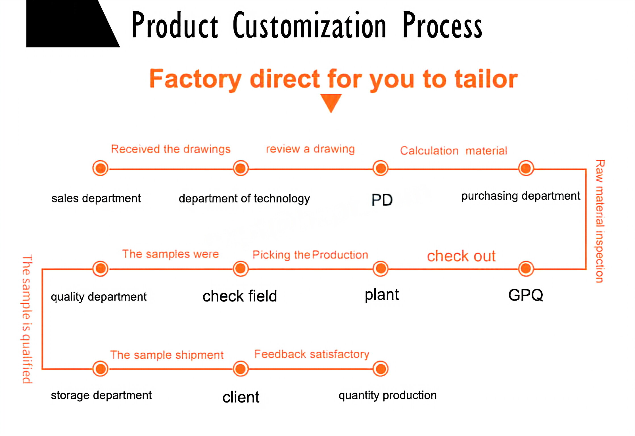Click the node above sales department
[100, 168]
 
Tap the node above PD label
[381, 168]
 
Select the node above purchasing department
[526, 168]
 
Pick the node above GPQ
[526, 269]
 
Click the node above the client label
[241, 369]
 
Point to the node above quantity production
[381, 369]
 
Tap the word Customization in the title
[309, 26]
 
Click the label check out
[461, 256]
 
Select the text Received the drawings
[171, 149]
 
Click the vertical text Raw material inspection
[600, 221]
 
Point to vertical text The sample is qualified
[27, 319]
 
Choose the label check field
[240, 296]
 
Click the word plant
[382, 295]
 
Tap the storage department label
[101, 395]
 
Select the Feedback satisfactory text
[312, 354]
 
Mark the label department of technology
[244, 199]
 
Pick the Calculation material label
[454, 151]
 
